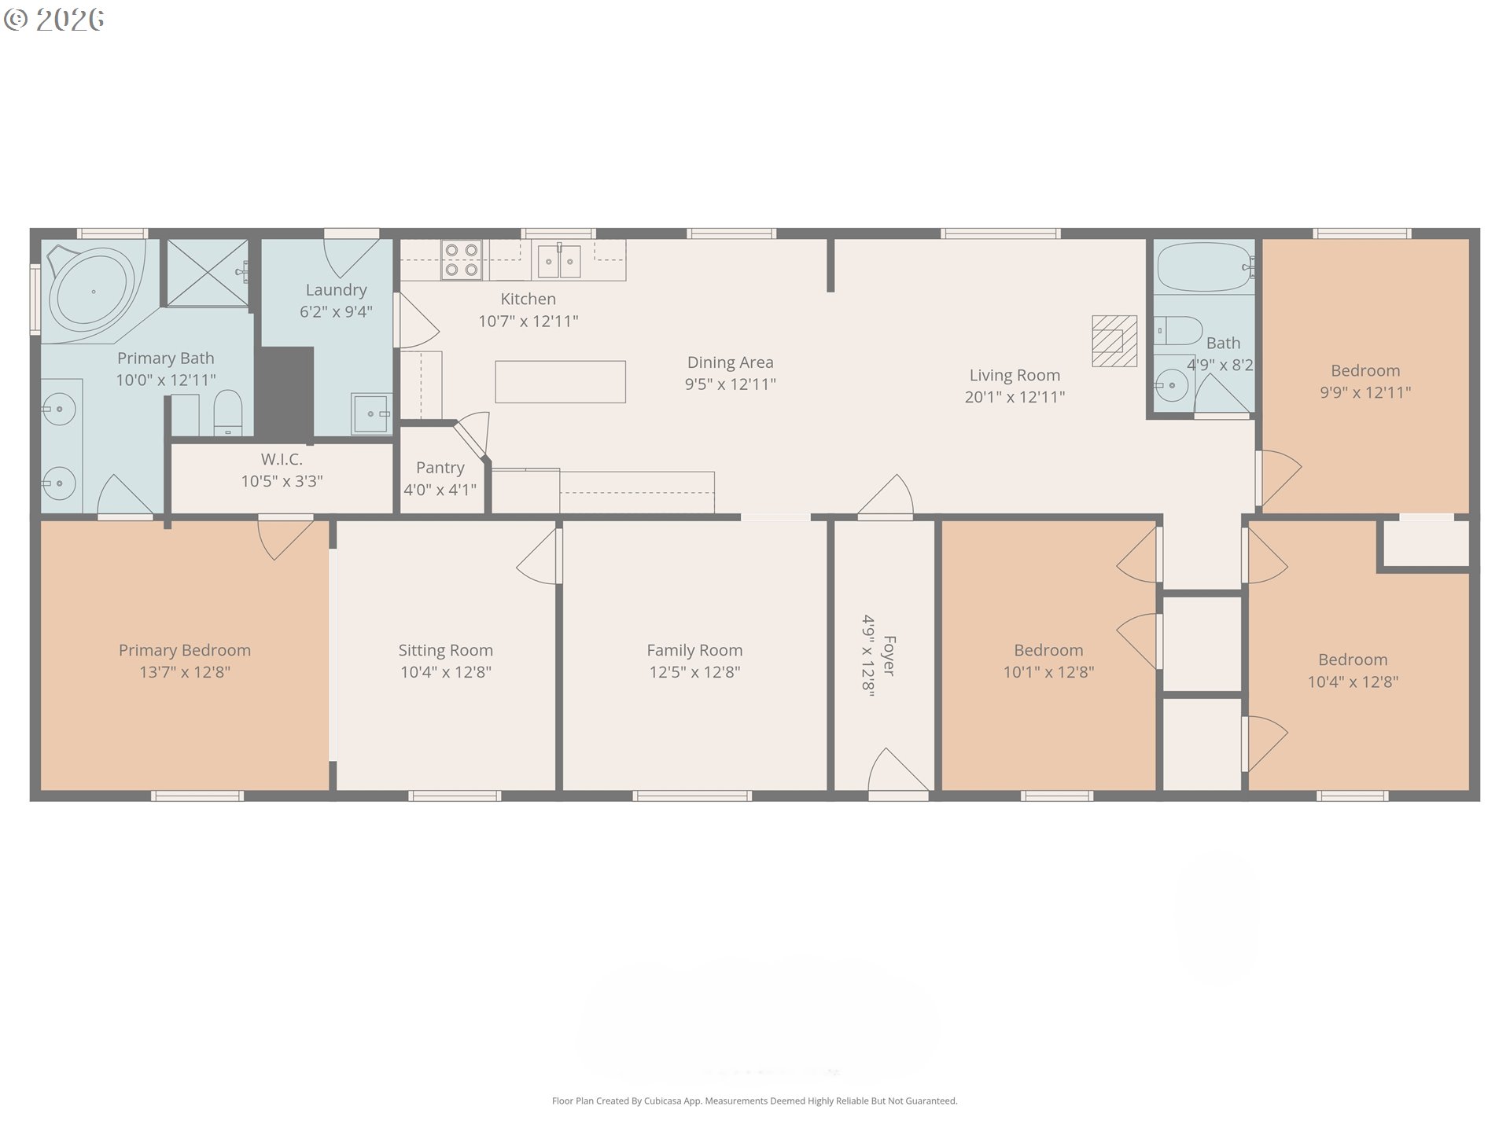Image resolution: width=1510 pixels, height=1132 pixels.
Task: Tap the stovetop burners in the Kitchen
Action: coord(462,260)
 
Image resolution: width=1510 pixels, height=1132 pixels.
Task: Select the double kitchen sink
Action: coord(559,261)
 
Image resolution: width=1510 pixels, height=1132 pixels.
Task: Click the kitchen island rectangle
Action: coord(560,382)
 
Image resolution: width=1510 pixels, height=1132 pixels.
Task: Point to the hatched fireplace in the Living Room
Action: coord(1114,341)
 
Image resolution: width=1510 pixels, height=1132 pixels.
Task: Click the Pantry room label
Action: coord(440,468)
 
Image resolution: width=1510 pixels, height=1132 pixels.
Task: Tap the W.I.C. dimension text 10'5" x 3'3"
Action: coord(282,481)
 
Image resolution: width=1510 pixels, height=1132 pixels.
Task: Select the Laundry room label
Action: coord(336,290)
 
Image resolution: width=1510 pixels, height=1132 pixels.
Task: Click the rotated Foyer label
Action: coord(889,656)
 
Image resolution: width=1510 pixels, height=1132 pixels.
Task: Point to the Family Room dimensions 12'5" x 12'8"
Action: coord(694,672)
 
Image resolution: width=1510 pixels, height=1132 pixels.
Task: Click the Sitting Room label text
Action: coord(446,651)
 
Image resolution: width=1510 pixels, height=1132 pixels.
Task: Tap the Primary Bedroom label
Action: coord(185,651)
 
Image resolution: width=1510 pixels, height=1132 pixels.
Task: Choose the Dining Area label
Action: coord(731,363)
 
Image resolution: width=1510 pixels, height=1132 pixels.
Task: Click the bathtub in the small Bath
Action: coord(1204,267)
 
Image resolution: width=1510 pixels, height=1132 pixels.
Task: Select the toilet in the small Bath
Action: coord(1179,331)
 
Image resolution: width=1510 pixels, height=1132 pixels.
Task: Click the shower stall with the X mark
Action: coord(208,273)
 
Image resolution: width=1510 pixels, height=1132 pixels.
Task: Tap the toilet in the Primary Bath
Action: coord(229,413)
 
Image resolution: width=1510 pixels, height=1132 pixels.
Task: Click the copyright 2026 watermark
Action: coord(53,20)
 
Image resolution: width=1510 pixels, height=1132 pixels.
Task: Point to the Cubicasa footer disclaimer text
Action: coord(755,1101)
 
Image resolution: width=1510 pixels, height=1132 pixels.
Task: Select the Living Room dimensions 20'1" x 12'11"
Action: coord(1015,397)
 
